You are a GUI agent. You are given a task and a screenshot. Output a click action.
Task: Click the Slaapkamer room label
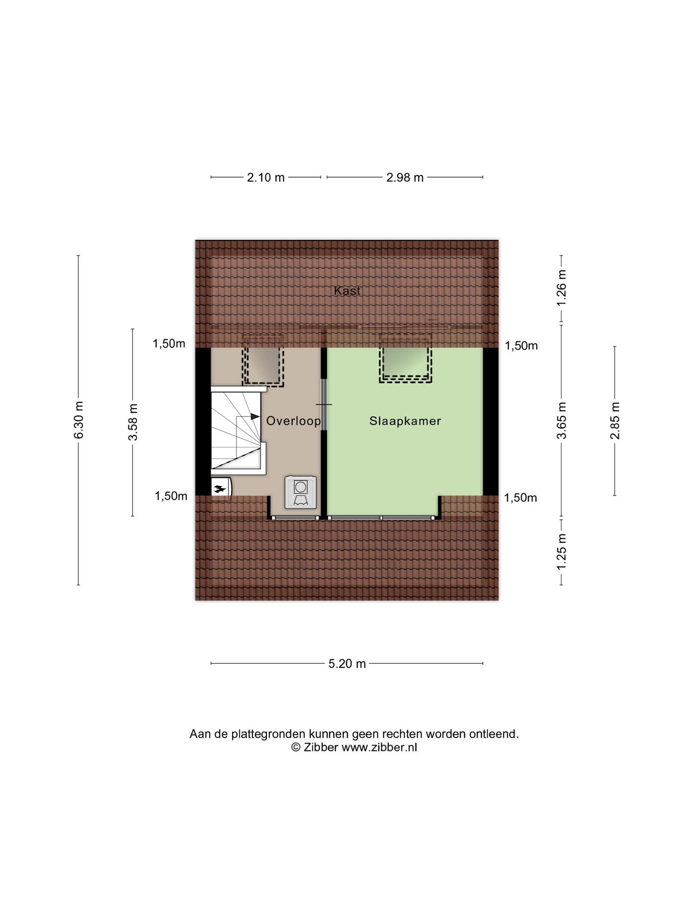pyautogui.click(x=405, y=421)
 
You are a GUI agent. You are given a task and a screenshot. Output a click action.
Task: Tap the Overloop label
pyautogui.click(x=294, y=421)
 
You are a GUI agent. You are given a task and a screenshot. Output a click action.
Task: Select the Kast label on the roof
pyautogui.click(x=347, y=291)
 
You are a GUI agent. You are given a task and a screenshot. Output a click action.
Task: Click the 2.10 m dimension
pyautogui.click(x=266, y=177)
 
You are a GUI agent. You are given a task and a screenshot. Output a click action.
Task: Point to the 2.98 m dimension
pyautogui.click(x=405, y=177)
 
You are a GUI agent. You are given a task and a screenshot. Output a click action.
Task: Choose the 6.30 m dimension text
pyautogui.click(x=79, y=420)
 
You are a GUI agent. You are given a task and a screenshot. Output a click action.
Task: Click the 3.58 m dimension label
pyautogui.click(x=133, y=422)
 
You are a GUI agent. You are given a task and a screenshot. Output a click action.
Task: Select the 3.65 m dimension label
pyautogui.click(x=561, y=420)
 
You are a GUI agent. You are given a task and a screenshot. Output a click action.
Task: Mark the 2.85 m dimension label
pyautogui.click(x=614, y=420)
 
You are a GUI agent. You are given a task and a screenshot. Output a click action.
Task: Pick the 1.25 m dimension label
pyautogui.click(x=561, y=552)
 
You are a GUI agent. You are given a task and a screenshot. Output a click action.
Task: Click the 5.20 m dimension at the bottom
pyautogui.click(x=346, y=664)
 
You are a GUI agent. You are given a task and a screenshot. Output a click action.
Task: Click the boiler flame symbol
pyautogui.click(x=220, y=488)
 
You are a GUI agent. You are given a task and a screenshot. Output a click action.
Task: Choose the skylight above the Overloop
pyautogui.click(x=263, y=360)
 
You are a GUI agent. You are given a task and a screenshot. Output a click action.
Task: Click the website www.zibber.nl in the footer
pyautogui.click(x=379, y=748)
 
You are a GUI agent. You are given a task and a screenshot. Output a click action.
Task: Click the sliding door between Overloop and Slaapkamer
pyautogui.click(x=323, y=404)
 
